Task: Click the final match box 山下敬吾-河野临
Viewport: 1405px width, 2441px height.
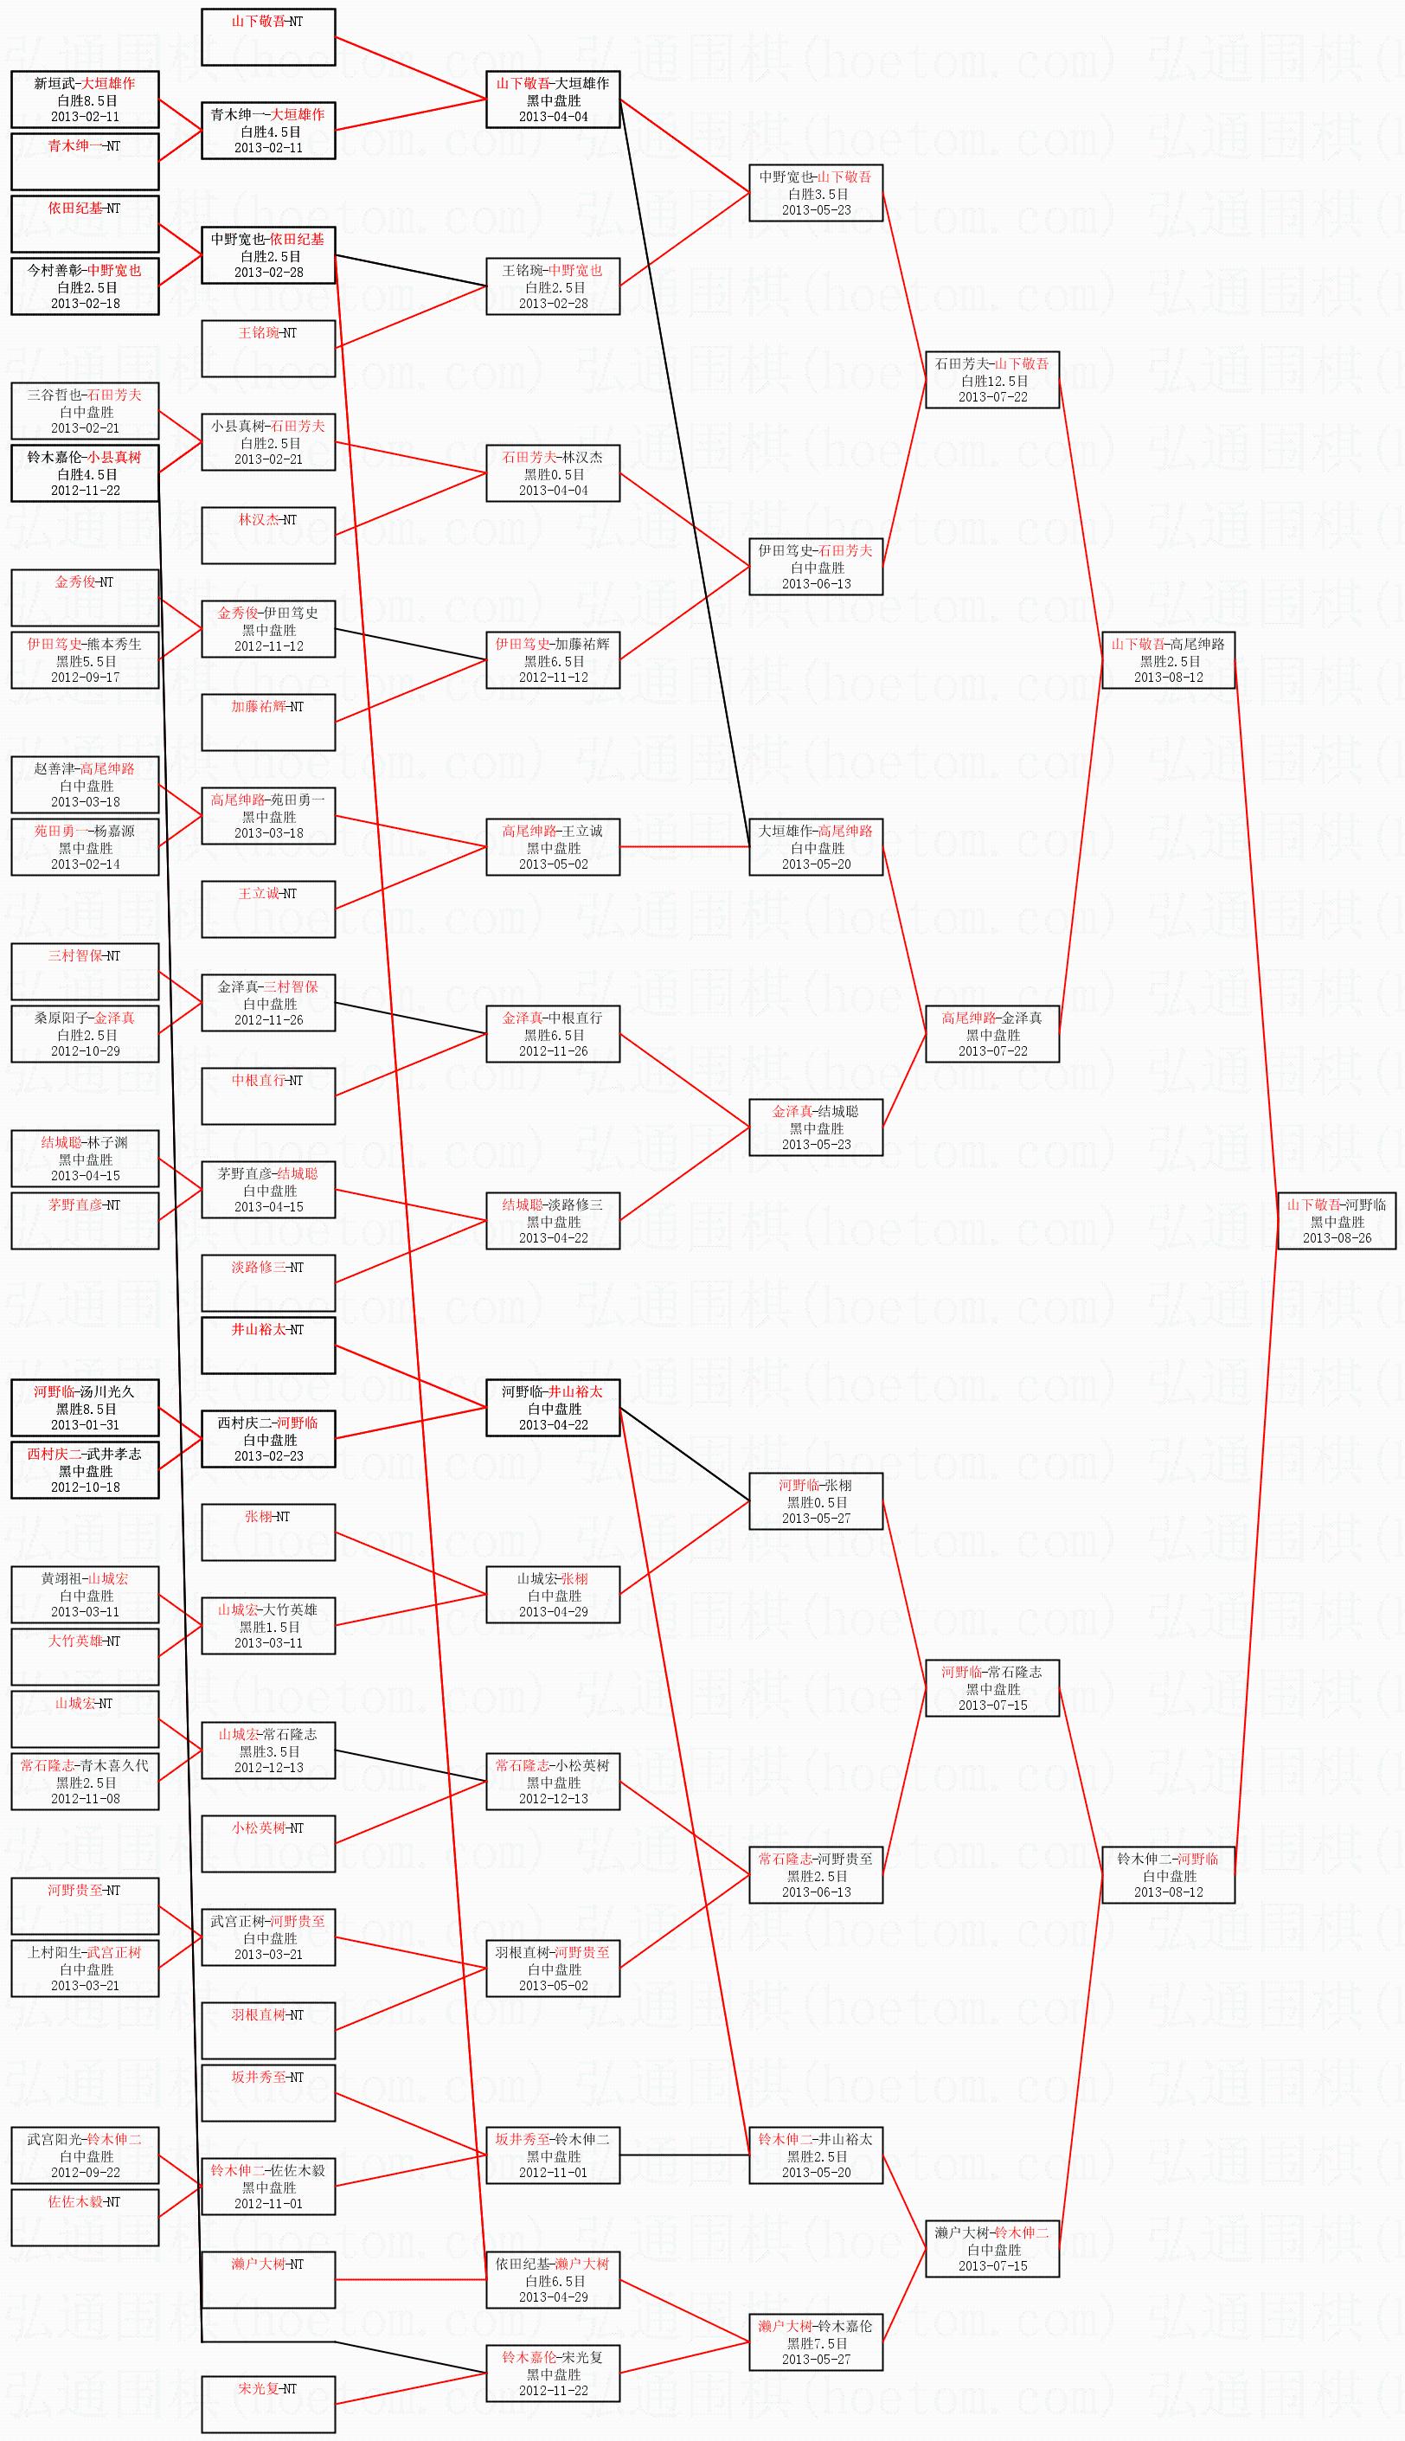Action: tap(1337, 1220)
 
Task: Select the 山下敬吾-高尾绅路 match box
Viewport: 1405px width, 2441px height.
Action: tap(1168, 660)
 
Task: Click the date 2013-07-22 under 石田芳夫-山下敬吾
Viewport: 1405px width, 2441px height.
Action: tap(992, 396)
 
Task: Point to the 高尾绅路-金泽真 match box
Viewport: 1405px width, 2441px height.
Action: tap(992, 1033)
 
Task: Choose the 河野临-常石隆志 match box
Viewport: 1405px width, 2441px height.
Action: tap(992, 1687)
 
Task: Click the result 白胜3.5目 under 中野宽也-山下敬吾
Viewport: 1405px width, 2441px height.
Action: tap(817, 194)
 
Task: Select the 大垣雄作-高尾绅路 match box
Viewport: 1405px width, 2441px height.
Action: tap(817, 847)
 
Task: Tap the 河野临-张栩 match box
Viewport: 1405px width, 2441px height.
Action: tap(817, 1501)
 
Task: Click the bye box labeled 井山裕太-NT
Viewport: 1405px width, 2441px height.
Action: tap(268, 1344)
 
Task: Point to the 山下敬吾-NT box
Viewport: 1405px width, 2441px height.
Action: tap(268, 36)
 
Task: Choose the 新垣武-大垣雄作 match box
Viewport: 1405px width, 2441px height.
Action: tap(85, 100)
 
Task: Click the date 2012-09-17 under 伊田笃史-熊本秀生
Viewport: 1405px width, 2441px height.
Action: tap(85, 678)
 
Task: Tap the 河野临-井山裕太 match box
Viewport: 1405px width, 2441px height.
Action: tap(553, 1408)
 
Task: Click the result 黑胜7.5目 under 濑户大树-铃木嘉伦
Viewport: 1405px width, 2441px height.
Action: tap(817, 2341)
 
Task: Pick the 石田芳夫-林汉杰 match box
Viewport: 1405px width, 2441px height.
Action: tap(553, 472)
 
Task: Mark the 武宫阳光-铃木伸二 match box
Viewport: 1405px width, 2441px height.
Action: tap(85, 2155)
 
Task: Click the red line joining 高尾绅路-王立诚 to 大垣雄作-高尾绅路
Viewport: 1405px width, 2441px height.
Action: tap(684, 846)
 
